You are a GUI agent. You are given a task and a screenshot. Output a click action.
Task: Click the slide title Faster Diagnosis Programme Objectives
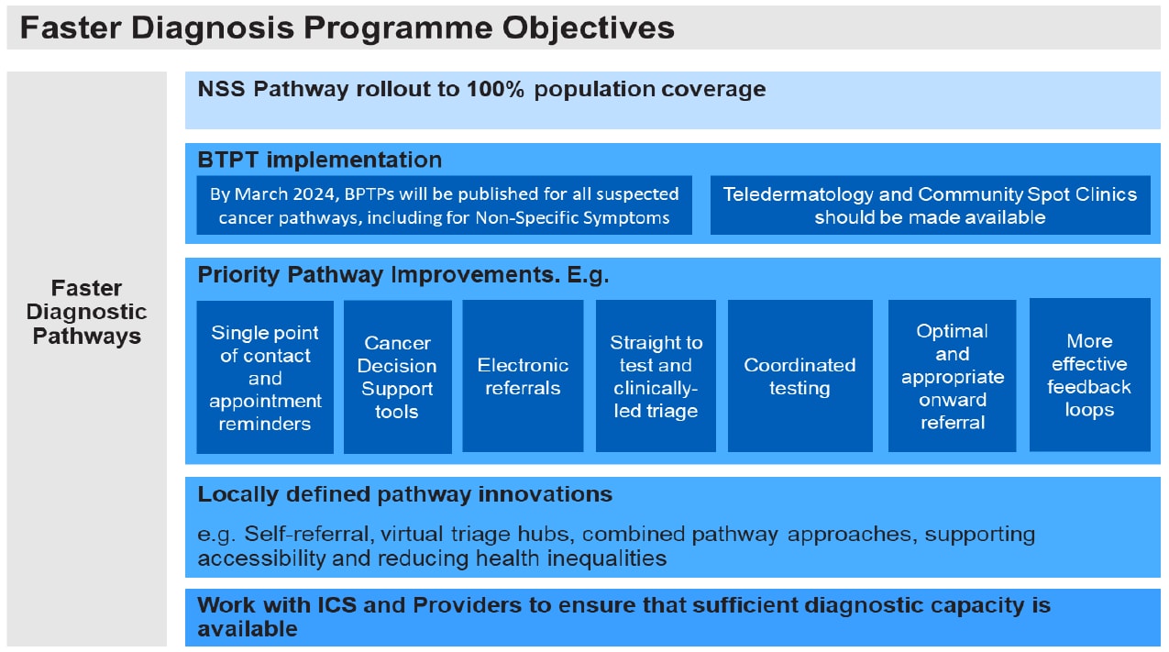click(347, 28)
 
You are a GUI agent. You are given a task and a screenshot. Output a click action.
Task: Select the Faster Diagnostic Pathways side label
click(87, 312)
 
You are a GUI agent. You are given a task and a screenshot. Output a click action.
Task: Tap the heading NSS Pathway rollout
click(481, 89)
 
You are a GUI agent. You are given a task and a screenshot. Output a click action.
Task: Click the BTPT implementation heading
click(320, 160)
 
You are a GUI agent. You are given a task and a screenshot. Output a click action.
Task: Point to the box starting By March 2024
click(444, 205)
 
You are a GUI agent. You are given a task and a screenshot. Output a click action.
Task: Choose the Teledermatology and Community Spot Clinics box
click(930, 205)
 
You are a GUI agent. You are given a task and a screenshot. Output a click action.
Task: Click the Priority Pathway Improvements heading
click(403, 275)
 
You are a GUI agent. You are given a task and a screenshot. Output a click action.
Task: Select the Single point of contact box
click(265, 377)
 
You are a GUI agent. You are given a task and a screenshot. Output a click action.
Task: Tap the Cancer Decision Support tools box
click(397, 377)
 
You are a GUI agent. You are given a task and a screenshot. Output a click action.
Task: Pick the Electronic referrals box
click(523, 377)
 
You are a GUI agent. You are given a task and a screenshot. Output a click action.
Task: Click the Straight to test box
click(656, 377)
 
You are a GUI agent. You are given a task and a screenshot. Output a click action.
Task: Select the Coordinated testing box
click(800, 377)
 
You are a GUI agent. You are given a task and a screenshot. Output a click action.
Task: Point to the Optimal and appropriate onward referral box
click(952, 376)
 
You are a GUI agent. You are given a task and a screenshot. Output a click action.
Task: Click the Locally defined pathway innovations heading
click(404, 494)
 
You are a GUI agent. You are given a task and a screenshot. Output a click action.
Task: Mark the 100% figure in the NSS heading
click(497, 89)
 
